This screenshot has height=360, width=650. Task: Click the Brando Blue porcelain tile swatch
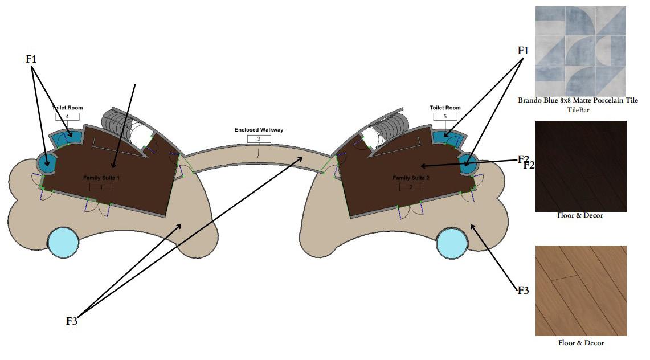coord(580,51)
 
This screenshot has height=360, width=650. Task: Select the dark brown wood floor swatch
coord(580,166)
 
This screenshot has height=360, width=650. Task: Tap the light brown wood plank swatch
coord(580,291)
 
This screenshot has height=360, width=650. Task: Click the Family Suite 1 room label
coord(101,178)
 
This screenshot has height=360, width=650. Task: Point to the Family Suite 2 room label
coord(411,178)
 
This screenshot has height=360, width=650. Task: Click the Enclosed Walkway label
coord(259,130)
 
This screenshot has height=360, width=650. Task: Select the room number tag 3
coord(259,138)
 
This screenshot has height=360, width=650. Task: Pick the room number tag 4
coord(67,117)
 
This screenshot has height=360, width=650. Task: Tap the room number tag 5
coord(444,117)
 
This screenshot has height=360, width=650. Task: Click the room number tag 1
coord(101,187)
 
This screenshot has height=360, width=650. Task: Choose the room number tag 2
coord(411,187)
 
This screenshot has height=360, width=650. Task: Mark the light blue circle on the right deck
coord(452,243)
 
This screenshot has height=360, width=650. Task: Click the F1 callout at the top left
coord(32,59)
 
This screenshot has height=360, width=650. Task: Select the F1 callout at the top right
coord(523,51)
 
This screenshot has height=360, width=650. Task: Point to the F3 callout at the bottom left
coord(71,321)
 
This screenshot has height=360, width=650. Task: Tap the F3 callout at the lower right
coord(523,291)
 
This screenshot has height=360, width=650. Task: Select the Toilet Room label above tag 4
coord(67,108)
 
